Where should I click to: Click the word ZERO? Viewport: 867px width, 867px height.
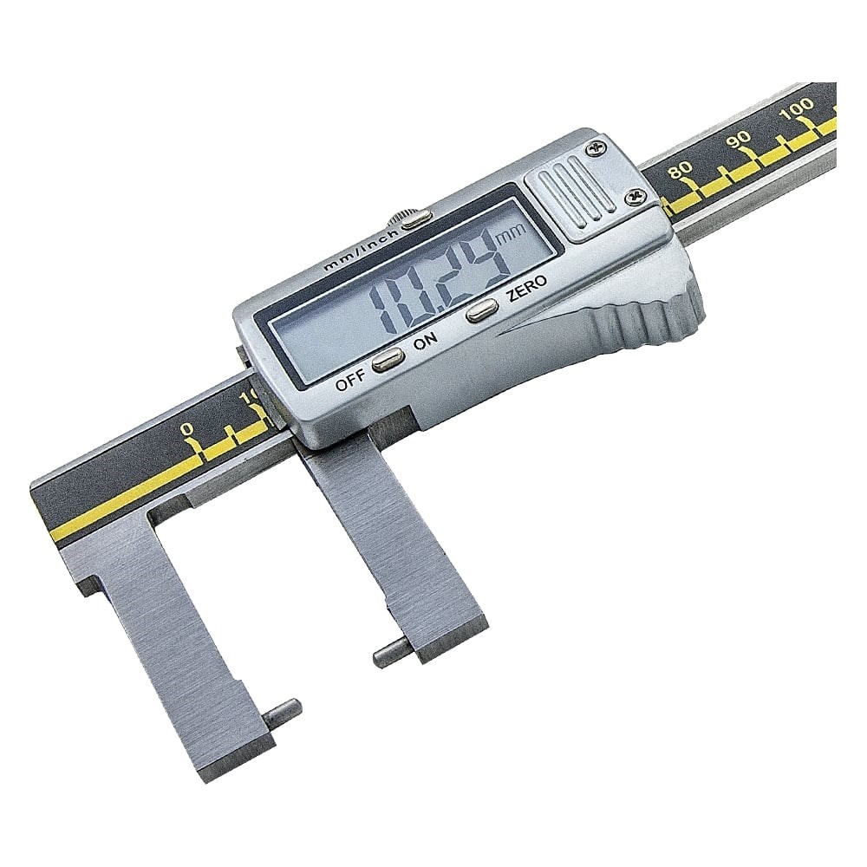(x=527, y=288)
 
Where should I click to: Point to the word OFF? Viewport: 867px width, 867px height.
(x=351, y=381)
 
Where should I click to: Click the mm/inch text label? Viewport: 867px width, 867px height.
(x=361, y=249)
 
